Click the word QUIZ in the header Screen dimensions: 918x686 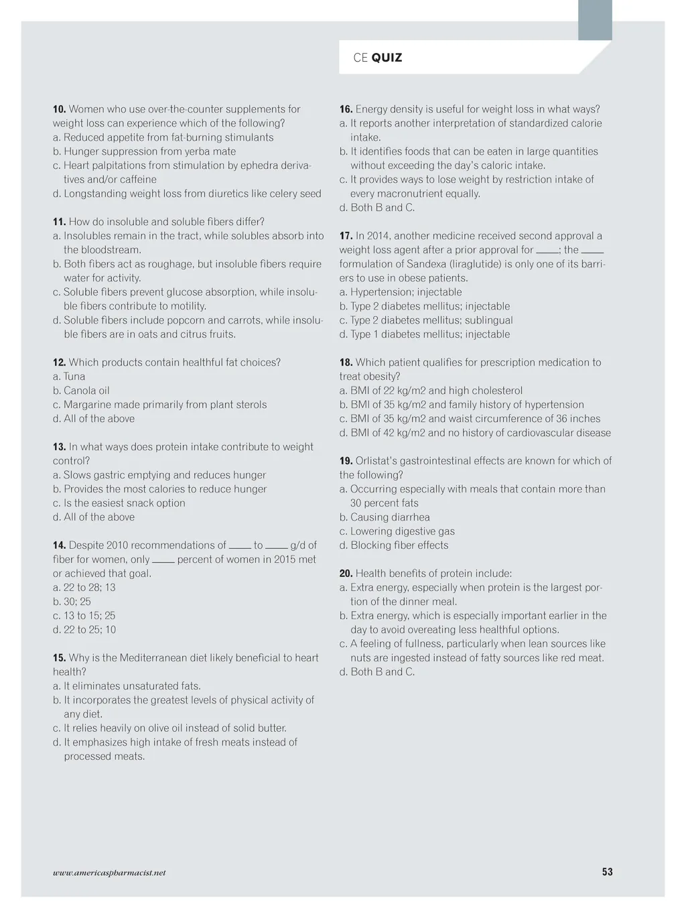pos(387,58)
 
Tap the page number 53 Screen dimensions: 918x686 pos(607,872)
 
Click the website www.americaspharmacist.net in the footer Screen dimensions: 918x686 pos(109,872)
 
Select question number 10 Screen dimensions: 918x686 pos(59,109)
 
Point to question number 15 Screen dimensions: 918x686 pos(59,658)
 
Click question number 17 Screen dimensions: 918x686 pos(346,236)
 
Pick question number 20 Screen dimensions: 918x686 pos(346,574)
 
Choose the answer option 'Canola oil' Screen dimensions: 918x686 pos(86,391)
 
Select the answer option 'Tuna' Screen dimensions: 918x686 pos(74,377)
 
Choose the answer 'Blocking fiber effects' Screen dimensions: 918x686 pos(399,545)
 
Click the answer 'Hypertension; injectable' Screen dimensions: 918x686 pos(406,292)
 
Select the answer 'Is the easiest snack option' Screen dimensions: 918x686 pos(124,503)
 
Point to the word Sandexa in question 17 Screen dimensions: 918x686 pos(426,264)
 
